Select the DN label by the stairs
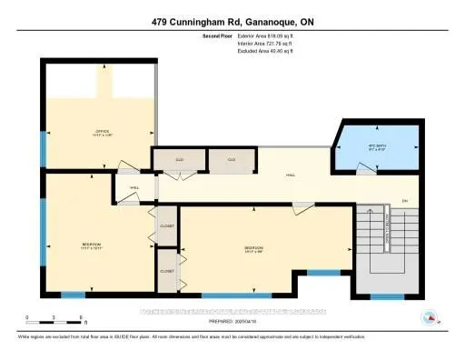point(405,200)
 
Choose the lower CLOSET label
point(166,271)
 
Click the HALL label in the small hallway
point(133,188)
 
